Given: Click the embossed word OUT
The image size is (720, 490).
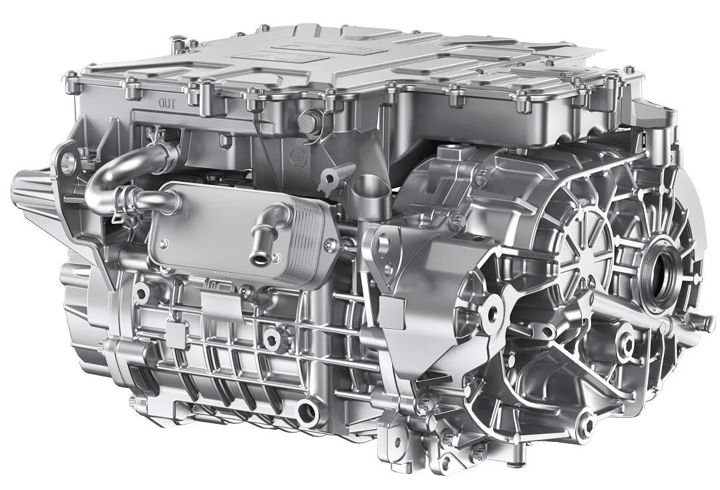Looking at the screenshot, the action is [x=167, y=103].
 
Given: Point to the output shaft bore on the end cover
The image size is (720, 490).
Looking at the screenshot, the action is [x=663, y=272].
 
